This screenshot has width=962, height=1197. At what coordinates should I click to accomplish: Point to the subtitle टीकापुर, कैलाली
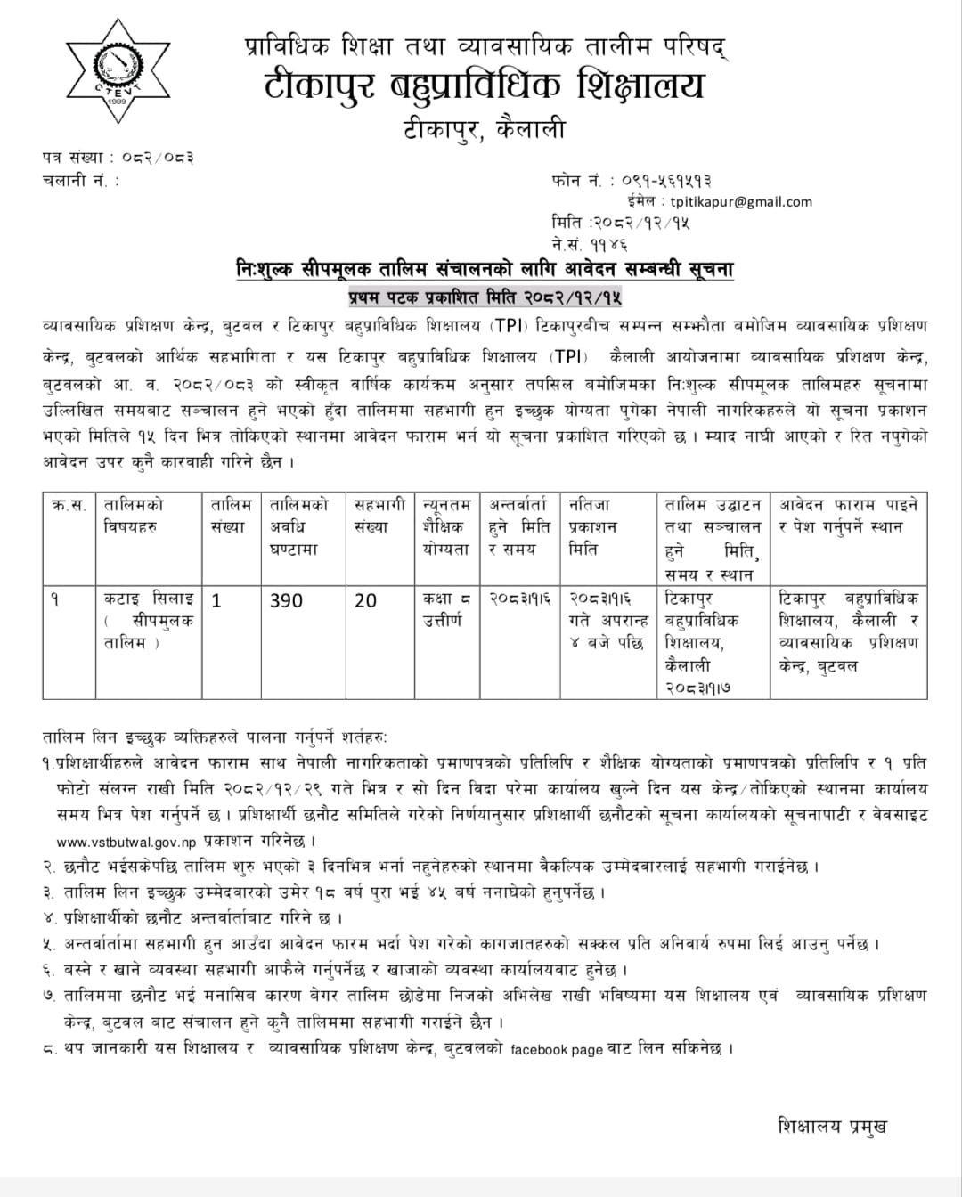(485, 129)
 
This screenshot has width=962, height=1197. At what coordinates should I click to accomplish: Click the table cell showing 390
(286, 601)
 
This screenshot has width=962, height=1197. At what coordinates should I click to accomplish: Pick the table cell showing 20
(366, 601)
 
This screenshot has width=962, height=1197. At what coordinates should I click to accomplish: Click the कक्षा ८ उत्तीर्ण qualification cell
(447, 609)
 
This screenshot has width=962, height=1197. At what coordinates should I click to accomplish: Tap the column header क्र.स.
(69, 505)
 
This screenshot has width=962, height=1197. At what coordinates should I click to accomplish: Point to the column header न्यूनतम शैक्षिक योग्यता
(447, 526)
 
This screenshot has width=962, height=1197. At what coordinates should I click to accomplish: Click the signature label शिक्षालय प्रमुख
(832, 1126)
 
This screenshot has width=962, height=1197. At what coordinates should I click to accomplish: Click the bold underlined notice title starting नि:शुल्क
(485, 269)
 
